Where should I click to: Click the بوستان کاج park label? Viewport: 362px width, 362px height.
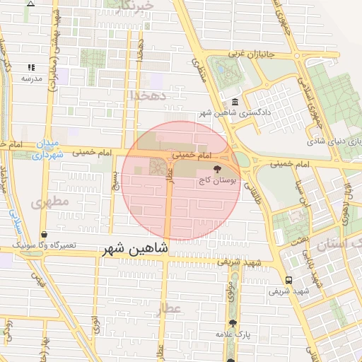(216, 181)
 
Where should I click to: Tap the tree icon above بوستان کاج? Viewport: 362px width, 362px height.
(217, 169)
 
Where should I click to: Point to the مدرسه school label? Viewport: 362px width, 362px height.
(29, 78)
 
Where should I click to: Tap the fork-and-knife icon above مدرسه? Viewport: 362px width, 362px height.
(30, 67)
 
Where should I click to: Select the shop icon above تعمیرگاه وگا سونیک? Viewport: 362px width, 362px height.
(45, 234)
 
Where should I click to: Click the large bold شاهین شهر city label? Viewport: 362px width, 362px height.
(135, 248)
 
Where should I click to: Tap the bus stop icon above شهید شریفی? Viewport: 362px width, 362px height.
(288, 280)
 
